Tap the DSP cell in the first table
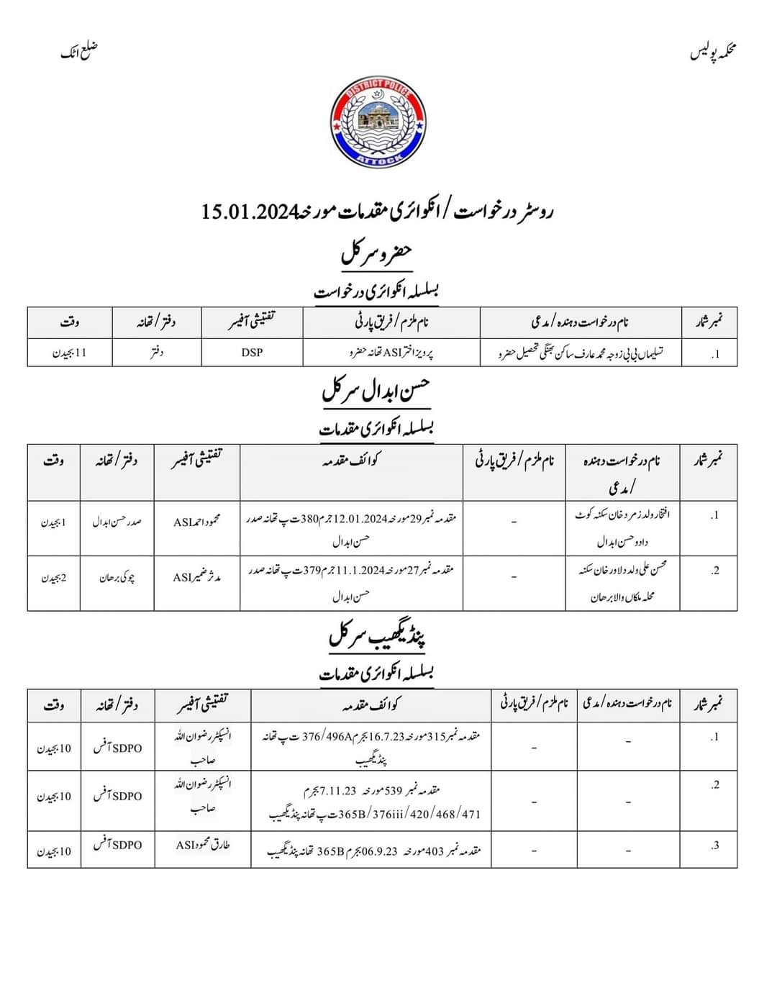(252, 353)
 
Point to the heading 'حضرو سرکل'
(376, 254)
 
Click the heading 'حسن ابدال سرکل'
(376, 392)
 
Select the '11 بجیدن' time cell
(70, 353)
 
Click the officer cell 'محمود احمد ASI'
(197, 522)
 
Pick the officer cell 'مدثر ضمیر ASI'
(197, 577)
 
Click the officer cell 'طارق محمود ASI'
(203, 845)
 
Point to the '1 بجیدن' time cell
(53, 522)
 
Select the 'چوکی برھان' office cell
(117, 577)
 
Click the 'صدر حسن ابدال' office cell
(117, 522)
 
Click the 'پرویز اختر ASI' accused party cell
(391, 353)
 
